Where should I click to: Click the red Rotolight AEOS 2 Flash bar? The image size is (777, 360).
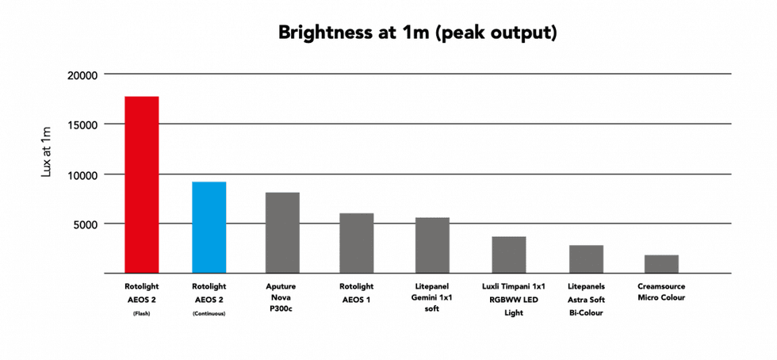click(142, 185)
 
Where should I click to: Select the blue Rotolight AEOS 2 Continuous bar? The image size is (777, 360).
click(209, 227)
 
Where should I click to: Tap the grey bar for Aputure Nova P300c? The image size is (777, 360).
click(282, 232)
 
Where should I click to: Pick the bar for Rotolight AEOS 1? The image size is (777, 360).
click(356, 243)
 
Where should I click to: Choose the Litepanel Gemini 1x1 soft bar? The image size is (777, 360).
click(433, 245)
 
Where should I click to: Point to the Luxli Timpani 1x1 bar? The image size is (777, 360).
click(509, 255)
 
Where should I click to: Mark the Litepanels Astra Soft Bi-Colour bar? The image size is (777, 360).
click(586, 259)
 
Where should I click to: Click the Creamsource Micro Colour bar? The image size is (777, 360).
click(661, 264)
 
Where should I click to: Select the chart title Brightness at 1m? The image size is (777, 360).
click(417, 33)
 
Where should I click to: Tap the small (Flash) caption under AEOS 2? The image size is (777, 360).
click(142, 313)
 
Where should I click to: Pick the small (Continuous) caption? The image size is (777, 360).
click(209, 313)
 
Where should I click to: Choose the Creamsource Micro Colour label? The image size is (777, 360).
click(661, 292)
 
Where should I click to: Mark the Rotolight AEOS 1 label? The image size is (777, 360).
click(356, 293)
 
